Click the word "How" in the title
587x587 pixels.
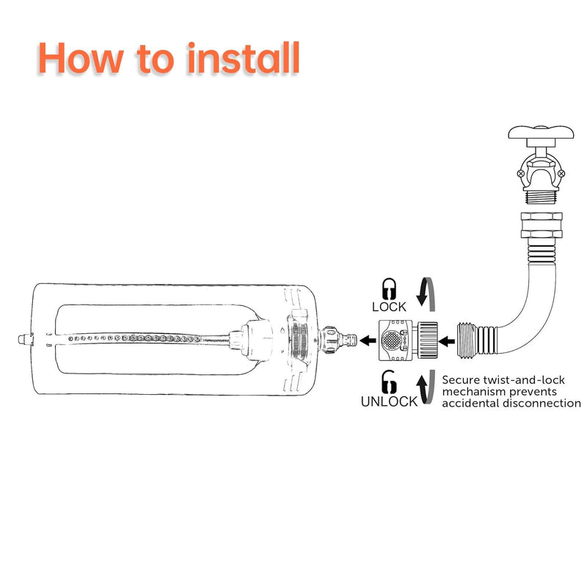(81, 58)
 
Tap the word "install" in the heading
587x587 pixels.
(244, 58)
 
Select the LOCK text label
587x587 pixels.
(389, 307)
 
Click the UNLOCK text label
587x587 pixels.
(389, 401)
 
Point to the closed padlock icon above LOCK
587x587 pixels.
(389, 288)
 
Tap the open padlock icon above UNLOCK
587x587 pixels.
(389, 382)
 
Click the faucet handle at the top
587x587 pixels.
(541, 133)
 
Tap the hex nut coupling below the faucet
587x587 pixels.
(542, 225)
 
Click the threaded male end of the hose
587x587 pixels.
(468, 340)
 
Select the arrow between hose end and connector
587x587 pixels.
(447, 341)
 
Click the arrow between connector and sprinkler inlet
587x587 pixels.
(368, 340)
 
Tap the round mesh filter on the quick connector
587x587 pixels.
(391, 340)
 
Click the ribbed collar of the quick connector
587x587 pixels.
(427, 340)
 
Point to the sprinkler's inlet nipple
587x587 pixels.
(347, 340)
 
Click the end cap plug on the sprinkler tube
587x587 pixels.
(25, 340)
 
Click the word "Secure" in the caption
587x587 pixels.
(461, 380)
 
